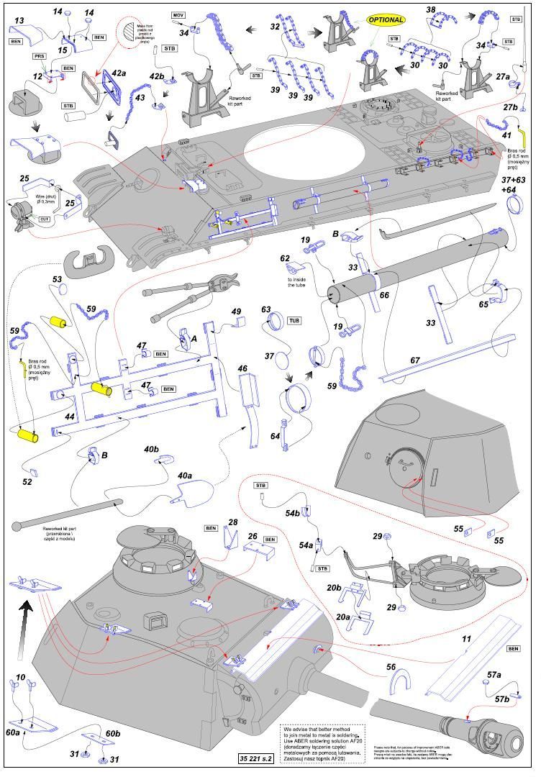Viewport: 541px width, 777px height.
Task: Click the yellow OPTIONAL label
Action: coord(386,20)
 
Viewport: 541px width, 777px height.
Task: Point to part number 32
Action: coord(275,27)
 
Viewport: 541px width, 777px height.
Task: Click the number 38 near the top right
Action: coord(430,10)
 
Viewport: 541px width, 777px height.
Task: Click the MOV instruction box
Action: coord(178,15)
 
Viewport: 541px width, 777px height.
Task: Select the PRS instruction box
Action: coord(40,55)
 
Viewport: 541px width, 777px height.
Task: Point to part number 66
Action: coord(384,295)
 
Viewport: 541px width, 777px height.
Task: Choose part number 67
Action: coord(415,360)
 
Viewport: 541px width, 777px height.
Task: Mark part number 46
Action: coord(243,368)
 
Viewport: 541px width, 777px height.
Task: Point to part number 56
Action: coord(391,668)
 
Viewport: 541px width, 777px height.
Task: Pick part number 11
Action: coord(466,638)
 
